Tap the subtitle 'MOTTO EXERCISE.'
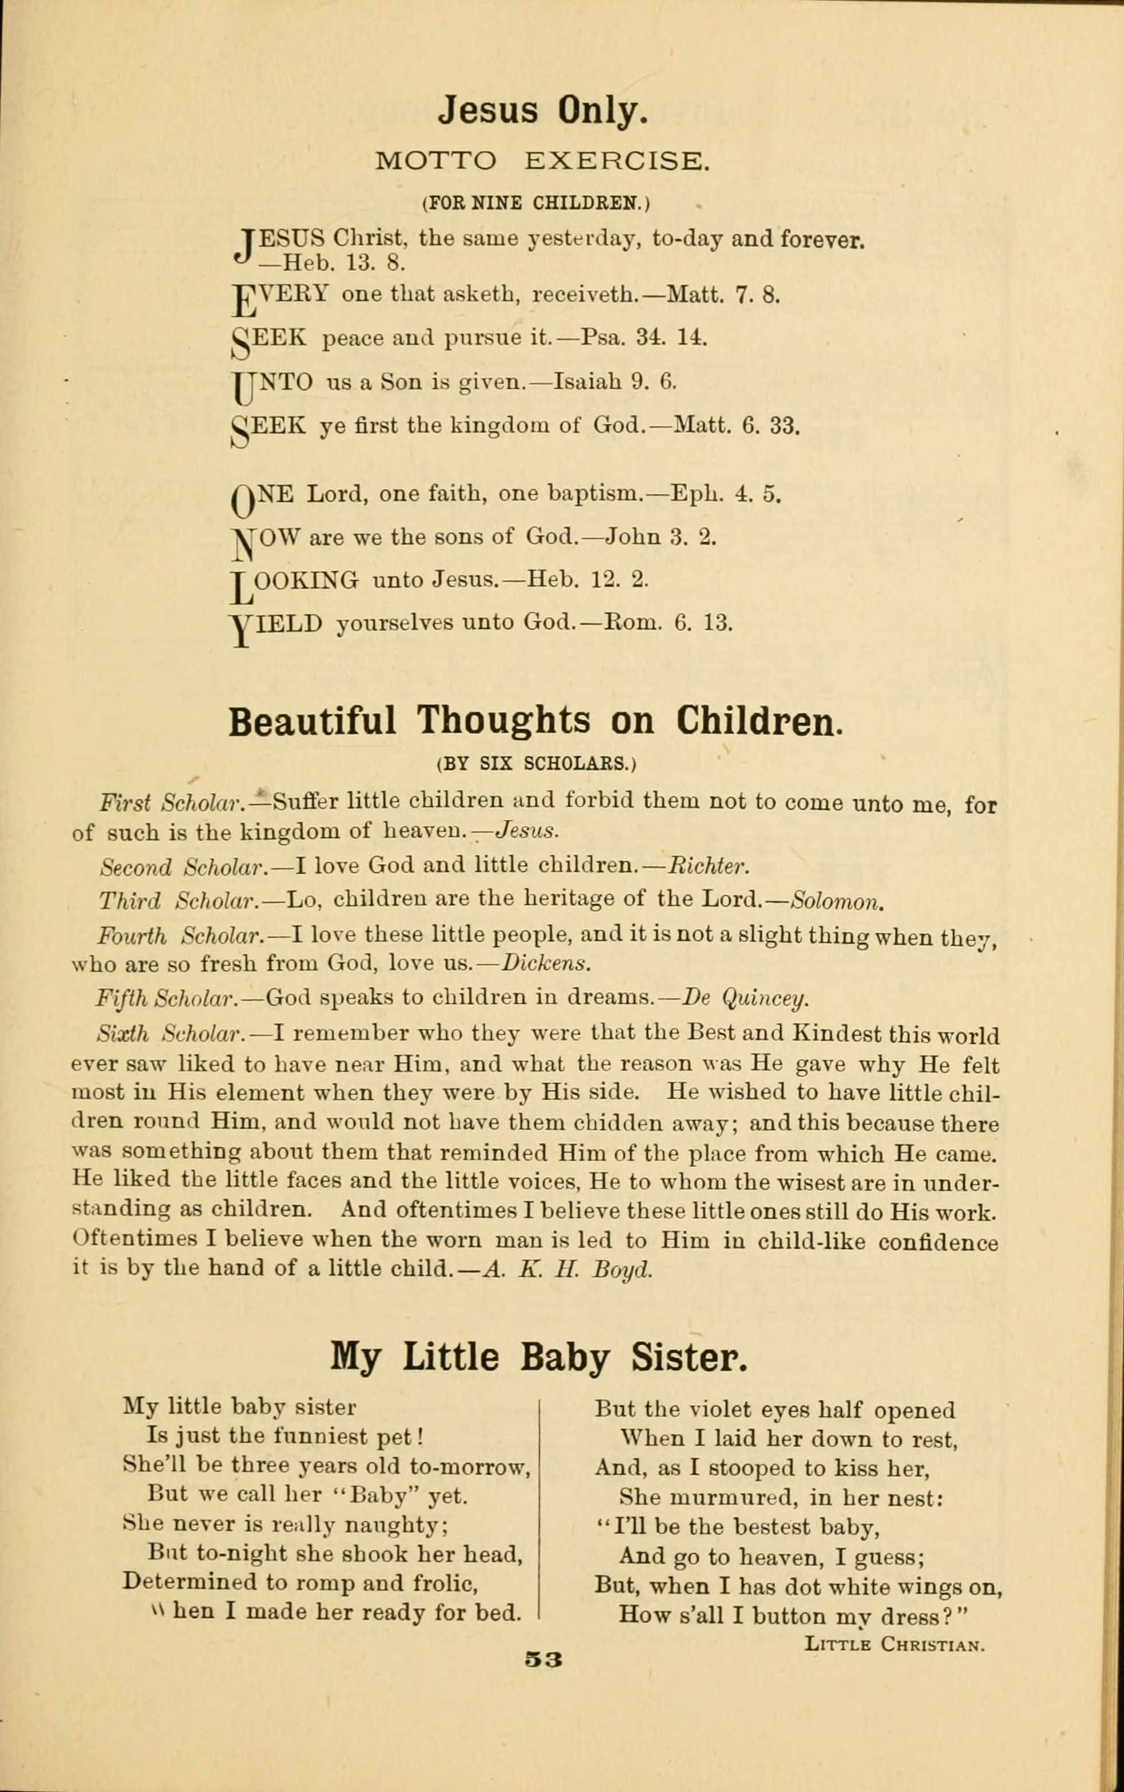coord(539,161)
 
